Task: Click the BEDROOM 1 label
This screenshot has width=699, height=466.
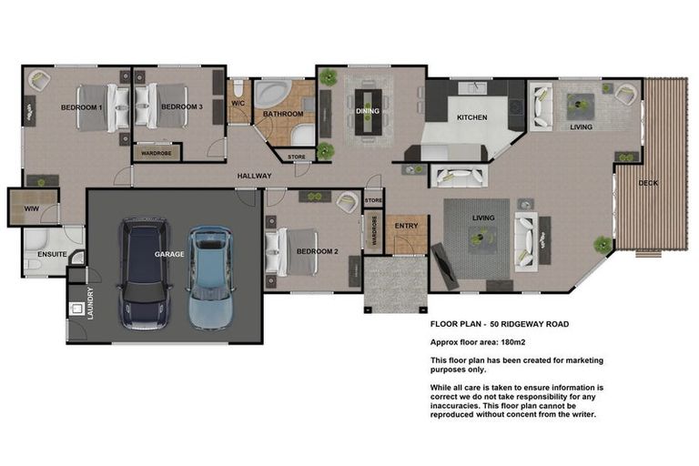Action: [81, 107]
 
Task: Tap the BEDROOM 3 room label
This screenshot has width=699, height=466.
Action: [181, 107]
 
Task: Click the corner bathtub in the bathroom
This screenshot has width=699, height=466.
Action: [272, 95]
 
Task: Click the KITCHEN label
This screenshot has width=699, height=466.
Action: [471, 117]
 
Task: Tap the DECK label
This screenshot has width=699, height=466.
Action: [648, 183]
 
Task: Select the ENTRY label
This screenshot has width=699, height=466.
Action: [405, 227]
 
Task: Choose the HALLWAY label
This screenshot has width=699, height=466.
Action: [255, 176]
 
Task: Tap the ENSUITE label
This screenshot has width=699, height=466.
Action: [52, 254]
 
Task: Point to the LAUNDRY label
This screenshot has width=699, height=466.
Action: [90, 302]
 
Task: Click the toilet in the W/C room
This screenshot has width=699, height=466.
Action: [238, 89]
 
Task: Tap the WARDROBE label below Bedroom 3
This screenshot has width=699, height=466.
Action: [157, 153]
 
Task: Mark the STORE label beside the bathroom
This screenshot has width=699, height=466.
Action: [297, 157]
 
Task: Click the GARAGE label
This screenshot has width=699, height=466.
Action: [169, 254]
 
